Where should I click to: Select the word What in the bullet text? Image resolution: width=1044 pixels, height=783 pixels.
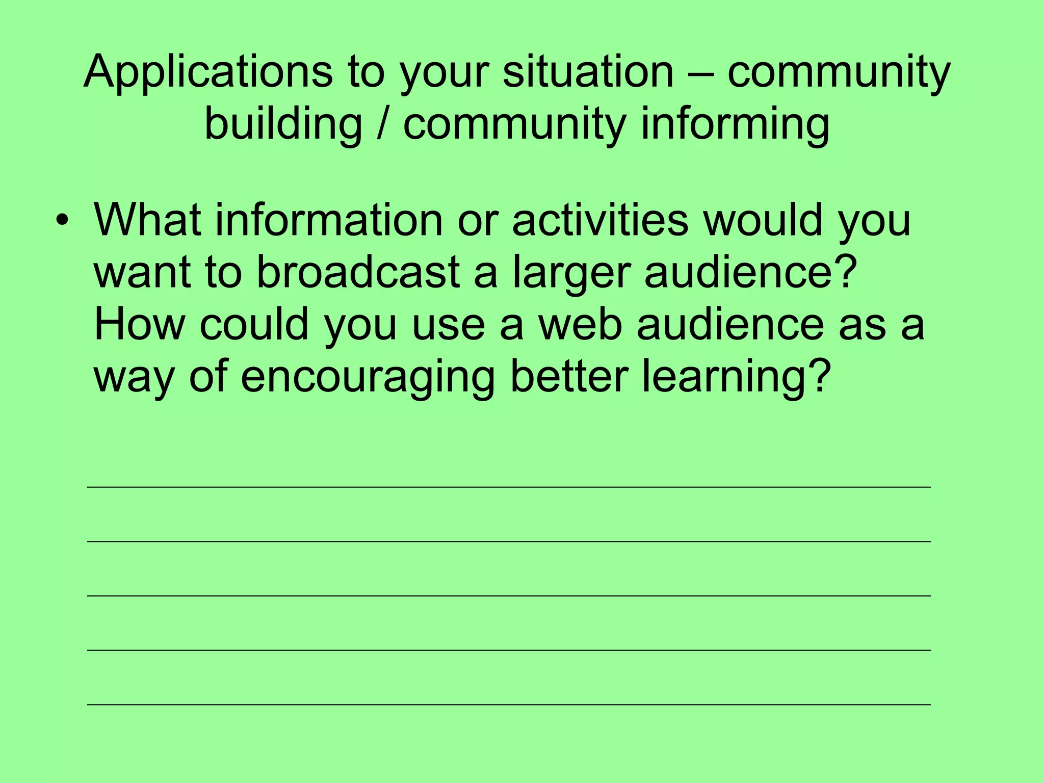point(147,220)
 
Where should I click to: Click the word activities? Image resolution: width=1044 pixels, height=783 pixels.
point(600,220)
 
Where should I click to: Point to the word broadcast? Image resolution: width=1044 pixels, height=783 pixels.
point(358,272)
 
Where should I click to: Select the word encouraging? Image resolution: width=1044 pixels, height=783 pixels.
point(368,378)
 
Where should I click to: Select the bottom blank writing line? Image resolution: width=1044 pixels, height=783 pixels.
point(509,704)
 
